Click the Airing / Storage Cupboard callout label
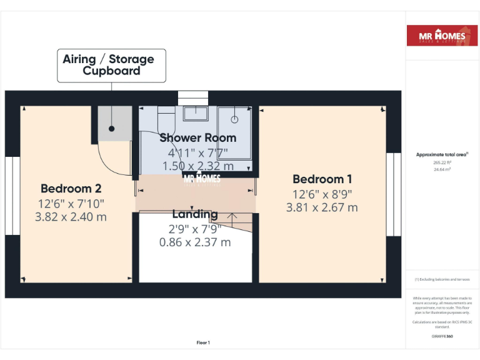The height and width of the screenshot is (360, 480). click(x=112, y=65)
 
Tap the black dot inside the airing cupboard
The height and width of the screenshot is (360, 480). click(x=112, y=129)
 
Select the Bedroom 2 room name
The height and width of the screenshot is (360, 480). click(x=71, y=188)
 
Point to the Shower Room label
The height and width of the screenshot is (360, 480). click(x=197, y=137)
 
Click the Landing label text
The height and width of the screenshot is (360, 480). click(x=195, y=214)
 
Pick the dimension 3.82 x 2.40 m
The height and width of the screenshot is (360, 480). click(x=71, y=217)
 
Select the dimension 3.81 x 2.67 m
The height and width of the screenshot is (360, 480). click(x=322, y=207)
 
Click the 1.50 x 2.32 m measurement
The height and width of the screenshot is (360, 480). click(x=197, y=166)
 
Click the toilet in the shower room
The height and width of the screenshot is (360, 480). click(x=166, y=119)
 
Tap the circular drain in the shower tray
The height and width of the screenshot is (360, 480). click(x=236, y=118)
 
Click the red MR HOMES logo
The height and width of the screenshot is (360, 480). click(x=442, y=36)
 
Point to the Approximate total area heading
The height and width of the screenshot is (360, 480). click(x=442, y=154)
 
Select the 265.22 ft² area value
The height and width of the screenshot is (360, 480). click(x=442, y=162)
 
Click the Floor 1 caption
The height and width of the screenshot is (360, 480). click(x=203, y=342)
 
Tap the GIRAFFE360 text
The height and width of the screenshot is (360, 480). click(x=442, y=336)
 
